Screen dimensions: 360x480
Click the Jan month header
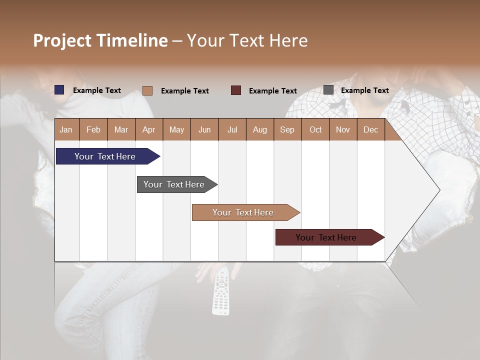tap(66, 129)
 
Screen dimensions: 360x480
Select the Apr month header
tap(149, 129)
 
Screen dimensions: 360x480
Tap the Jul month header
tap(232, 129)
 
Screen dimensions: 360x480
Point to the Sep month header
tap(287, 129)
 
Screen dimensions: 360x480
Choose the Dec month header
tap(370, 129)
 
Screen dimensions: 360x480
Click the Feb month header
tap(93, 129)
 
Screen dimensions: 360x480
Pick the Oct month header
tap(315, 129)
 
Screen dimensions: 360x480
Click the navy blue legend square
tap(59, 90)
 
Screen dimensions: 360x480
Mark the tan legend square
tap(147, 90)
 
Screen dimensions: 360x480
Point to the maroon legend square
tap(236, 90)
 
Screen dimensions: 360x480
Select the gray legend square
tap(328, 90)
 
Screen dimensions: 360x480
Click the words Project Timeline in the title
tap(100, 40)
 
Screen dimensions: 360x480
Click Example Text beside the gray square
tap(364, 90)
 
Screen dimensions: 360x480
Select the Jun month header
tap(204, 129)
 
